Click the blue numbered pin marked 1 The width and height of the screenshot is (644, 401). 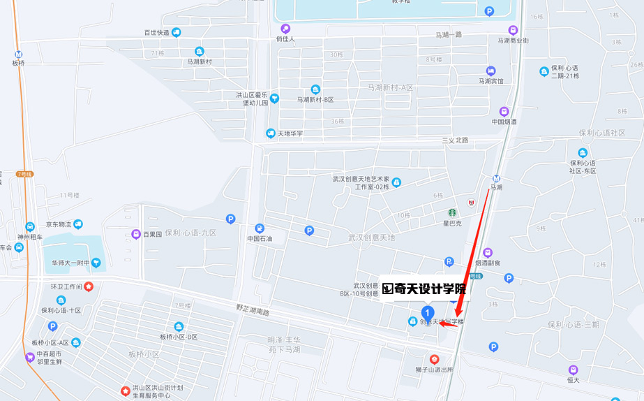(x=428, y=312)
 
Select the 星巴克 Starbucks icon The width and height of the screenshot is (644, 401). (x=452, y=212)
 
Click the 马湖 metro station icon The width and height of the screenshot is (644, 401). (x=496, y=178)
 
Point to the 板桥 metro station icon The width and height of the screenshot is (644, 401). (x=18, y=54)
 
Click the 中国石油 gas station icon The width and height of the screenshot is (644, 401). (x=260, y=228)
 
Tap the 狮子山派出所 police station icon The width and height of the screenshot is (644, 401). (x=435, y=358)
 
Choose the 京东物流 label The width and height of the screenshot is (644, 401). (x=59, y=224)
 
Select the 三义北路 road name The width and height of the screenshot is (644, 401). (x=455, y=140)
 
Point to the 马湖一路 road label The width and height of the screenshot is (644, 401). (x=449, y=34)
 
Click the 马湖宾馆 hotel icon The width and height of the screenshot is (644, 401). (x=491, y=71)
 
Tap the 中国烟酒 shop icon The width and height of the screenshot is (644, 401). (x=504, y=111)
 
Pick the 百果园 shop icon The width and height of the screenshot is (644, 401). (x=136, y=234)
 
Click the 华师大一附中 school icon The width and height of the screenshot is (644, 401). (x=96, y=263)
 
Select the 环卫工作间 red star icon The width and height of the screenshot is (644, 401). (x=89, y=286)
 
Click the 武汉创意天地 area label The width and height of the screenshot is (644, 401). (x=371, y=238)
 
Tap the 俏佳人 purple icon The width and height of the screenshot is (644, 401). (x=285, y=29)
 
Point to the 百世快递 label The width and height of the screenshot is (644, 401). (x=156, y=32)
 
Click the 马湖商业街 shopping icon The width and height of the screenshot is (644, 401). (x=513, y=30)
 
